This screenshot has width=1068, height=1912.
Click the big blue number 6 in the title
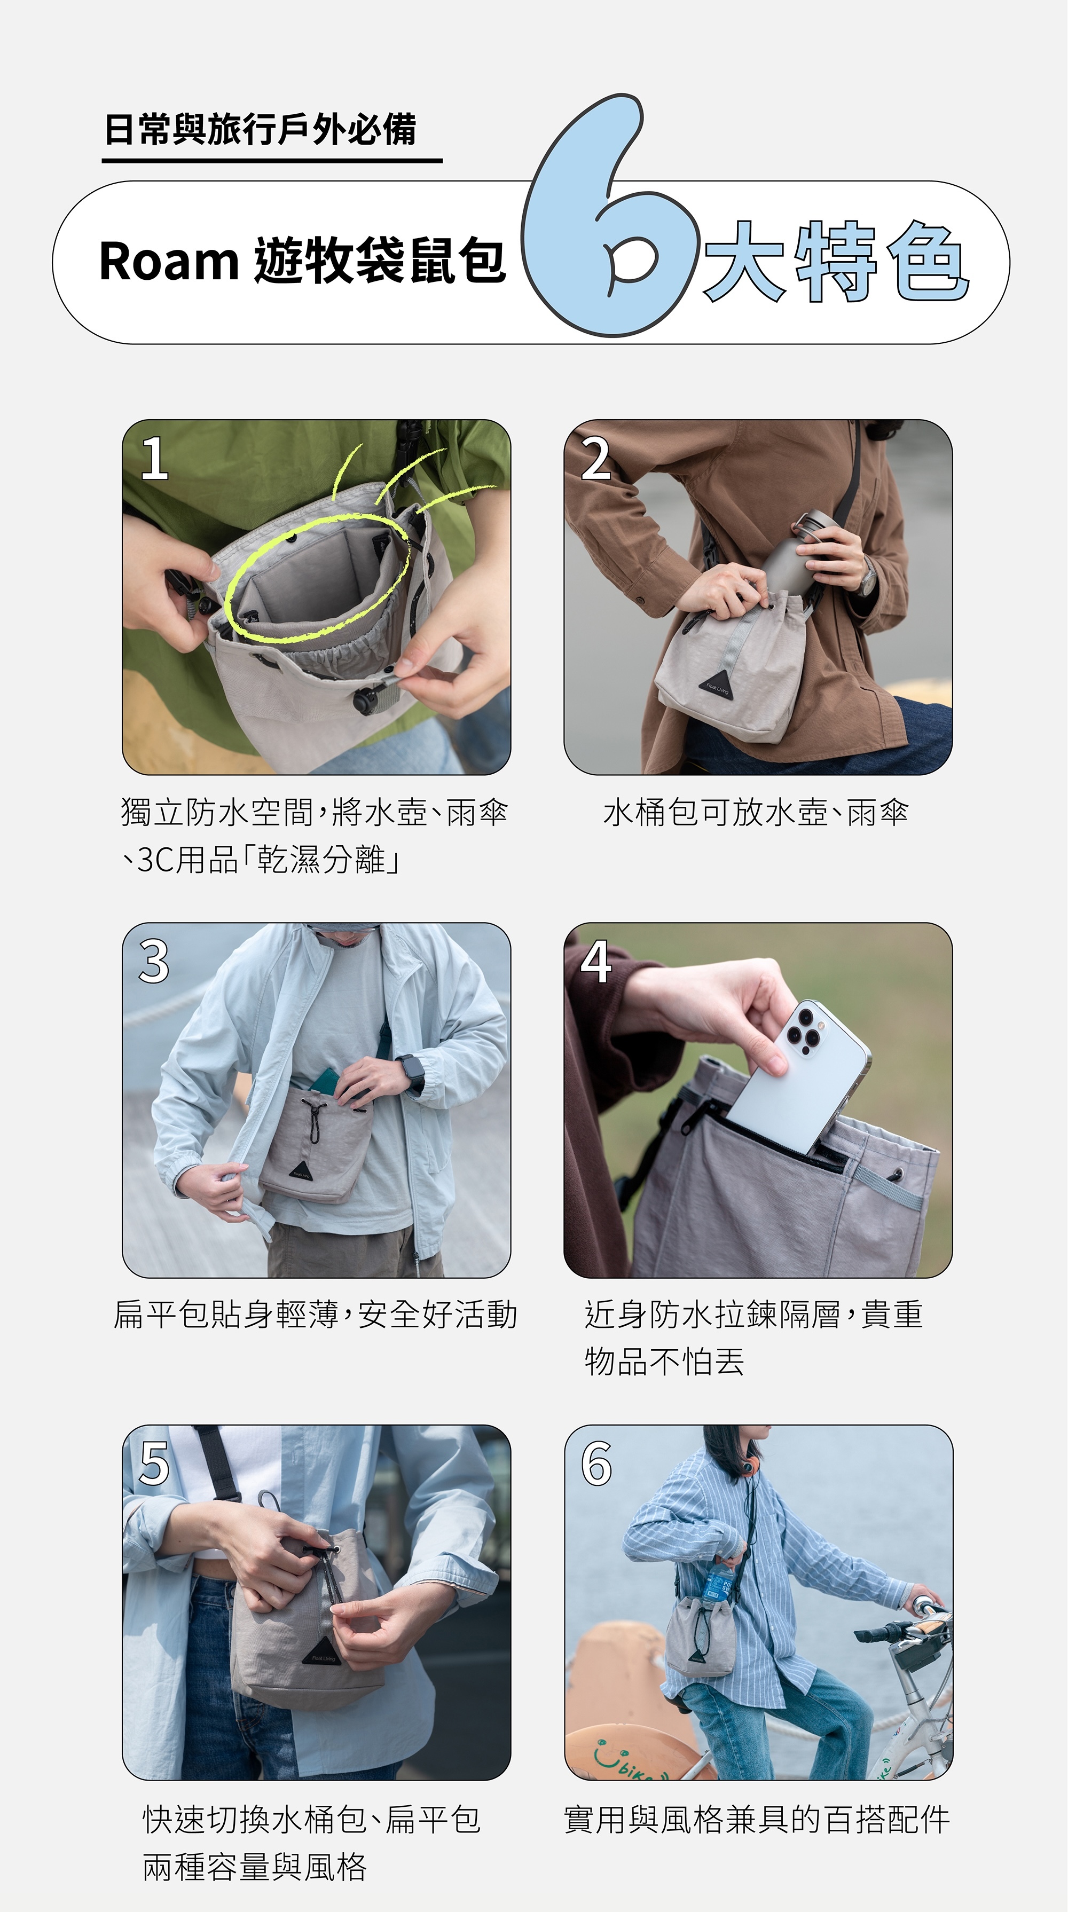[586, 223]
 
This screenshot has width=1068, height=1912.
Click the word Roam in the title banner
[168, 261]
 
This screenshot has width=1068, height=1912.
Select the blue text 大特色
[836, 261]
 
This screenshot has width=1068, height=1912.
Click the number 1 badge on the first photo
[154, 458]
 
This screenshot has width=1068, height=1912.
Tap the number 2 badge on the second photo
[596, 458]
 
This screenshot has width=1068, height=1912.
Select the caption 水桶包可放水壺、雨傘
[756, 813]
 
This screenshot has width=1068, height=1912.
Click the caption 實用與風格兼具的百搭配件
[757, 1819]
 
